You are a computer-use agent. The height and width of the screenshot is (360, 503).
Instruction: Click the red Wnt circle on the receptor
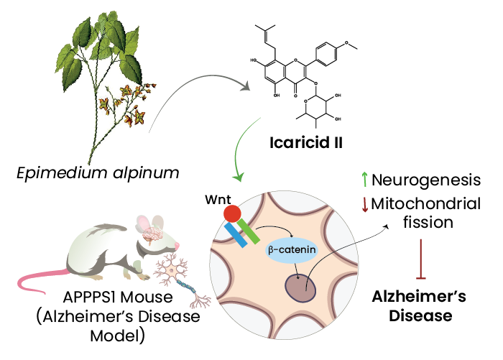(232, 214)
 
